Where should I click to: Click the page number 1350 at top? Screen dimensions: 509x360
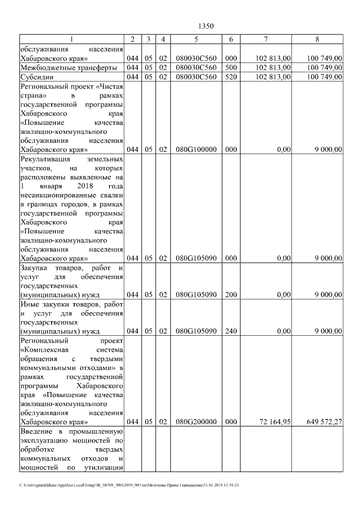[x=207, y=26]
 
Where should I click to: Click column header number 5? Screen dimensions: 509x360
[x=196, y=39]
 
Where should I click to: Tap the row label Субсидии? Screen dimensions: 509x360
[x=35, y=77]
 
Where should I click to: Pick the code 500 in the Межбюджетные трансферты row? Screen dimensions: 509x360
[x=231, y=67]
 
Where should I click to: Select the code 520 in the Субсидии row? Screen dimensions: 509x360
[x=231, y=77]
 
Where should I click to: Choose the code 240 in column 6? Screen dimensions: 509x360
[x=231, y=331]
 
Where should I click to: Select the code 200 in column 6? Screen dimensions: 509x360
[x=231, y=295]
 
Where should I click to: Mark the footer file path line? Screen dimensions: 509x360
[x=129, y=485]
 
